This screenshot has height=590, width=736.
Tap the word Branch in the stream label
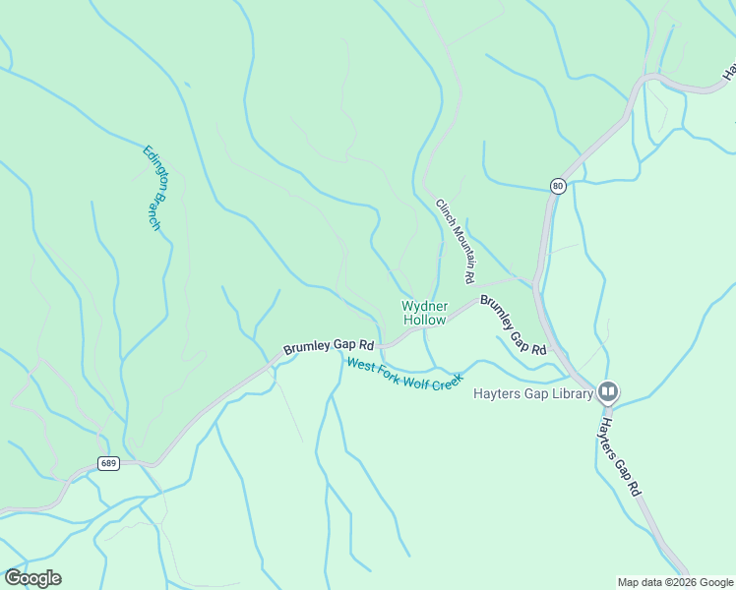pos(155,214)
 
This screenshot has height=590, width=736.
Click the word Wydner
pos(424,306)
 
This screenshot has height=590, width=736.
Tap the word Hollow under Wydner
pos(424,321)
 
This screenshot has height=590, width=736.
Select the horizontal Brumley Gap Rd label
pos(329,347)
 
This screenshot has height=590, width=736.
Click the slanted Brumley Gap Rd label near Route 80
pos(513,324)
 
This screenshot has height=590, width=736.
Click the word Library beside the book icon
pos(572,394)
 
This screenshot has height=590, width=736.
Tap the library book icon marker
pos(608,393)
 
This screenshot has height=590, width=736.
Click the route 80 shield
pos(558,186)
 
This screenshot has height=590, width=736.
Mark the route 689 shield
pos(108,463)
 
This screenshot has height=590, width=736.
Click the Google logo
pos(32,577)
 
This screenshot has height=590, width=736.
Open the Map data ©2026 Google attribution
pos(674,582)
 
